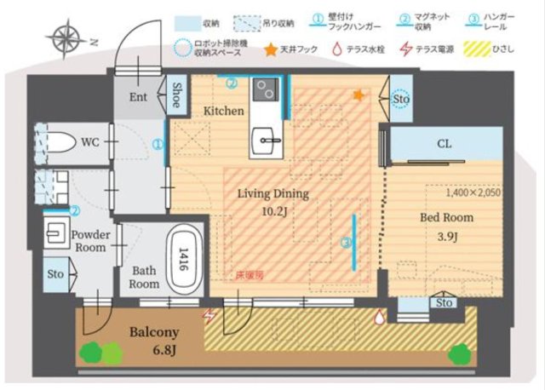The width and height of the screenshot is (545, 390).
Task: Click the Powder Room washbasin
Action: point(60,230)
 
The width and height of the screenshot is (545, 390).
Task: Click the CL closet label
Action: point(444,144)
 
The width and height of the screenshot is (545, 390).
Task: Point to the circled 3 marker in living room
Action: point(345,243)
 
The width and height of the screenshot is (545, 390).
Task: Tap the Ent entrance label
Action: point(138,97)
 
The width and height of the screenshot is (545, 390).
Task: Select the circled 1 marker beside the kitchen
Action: point(158,145)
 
